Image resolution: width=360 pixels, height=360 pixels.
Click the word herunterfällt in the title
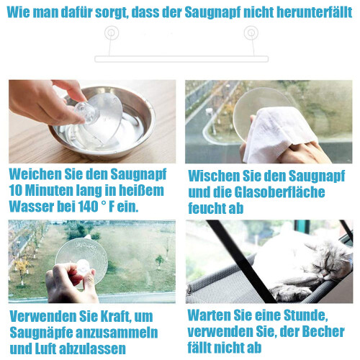pyautogui.click(x=315, y=12)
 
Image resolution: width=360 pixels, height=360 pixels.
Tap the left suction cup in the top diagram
pyautogui.click(x=112, y=33)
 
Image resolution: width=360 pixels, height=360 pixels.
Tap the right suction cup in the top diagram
pyautogui.click(x=251, y=32)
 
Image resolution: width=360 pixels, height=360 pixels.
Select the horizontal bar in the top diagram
pyautogui.click(x=181, y=59)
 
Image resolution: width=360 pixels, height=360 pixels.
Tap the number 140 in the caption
pyautogui.click(x=87, y=207)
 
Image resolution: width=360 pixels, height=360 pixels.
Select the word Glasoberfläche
pyautogui.click(x=279, y=192)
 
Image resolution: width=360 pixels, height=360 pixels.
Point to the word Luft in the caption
pyautogui.click(x=47, y=348)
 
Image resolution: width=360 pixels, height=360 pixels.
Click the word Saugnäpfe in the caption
pyautogui.click(x=41, y=333)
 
